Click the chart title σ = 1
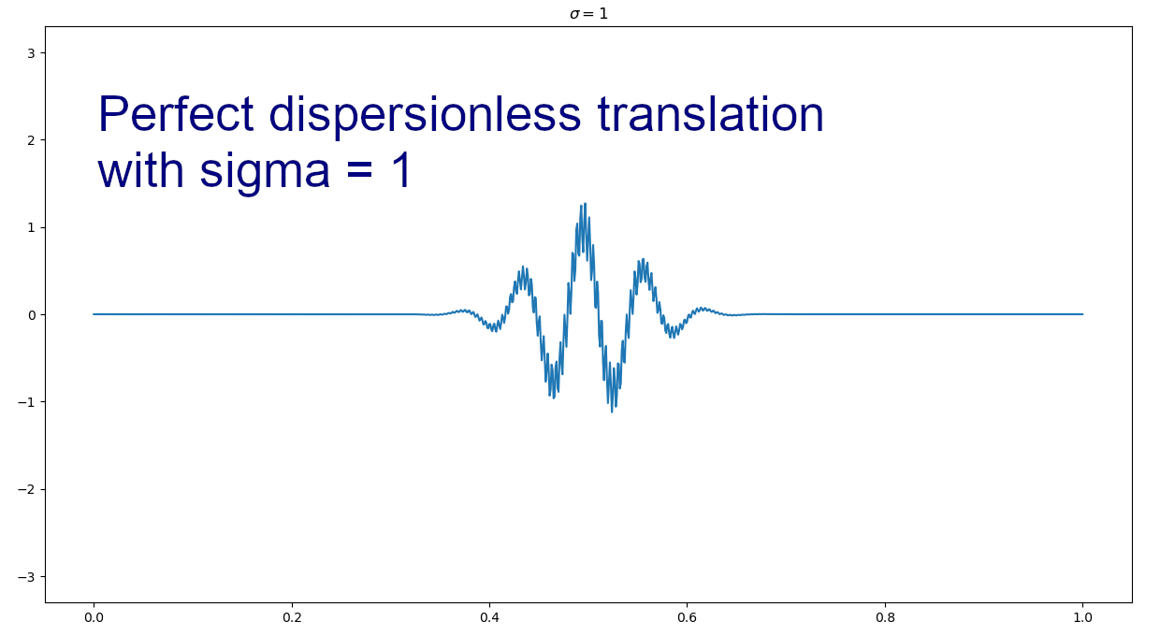(x=588, y=13)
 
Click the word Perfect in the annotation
(x=176, y=114)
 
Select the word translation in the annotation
(x=710, y=114)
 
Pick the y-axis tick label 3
(x=32, y=53)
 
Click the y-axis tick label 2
(x=32, y=140)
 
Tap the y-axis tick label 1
(x=32, y=228)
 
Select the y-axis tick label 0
(x=32, y=315)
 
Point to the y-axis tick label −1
(x=27, y=402)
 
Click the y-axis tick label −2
(x=27, y=489)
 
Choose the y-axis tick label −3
(x=27, y=577)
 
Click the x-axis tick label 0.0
(x=94, y=618)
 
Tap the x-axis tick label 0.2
(x=292, y=618)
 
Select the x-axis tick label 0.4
(x=489, y=618)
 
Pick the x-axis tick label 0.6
(x=688, y=618)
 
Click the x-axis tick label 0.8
(x=885, y=618)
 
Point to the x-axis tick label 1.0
(x=1083, y=618)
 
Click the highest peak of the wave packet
(x=586, y=204)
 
